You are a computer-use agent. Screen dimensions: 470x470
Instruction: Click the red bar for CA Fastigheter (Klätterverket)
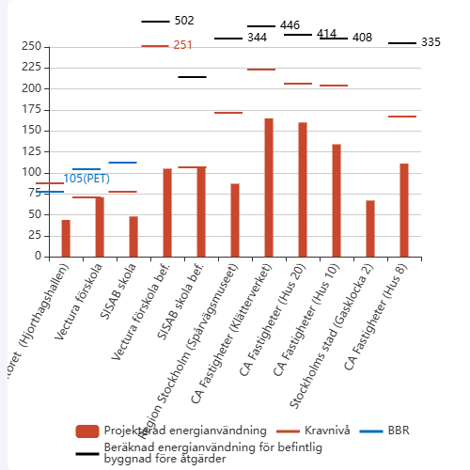(269, 187)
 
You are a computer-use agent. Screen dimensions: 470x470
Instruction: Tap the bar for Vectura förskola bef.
(167, 212)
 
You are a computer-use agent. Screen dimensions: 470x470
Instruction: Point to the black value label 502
(184, 21)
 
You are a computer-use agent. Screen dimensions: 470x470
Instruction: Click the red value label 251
(183, 45)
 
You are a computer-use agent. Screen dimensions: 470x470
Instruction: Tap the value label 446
(290, 25)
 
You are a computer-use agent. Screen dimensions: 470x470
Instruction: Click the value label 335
(431, 42)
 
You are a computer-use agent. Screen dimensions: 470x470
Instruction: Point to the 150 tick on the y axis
(29, 130)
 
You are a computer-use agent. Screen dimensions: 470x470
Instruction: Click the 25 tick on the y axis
(32, 235)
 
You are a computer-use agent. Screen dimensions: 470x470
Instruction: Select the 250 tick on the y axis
(29, 46)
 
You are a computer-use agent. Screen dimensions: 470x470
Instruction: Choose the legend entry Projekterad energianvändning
(169, 431)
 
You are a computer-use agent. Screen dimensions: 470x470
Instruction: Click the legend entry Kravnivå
(320, 431)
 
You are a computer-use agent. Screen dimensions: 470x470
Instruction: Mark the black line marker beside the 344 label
(228, 39)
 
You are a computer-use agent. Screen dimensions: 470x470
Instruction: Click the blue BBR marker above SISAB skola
(122, 163)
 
